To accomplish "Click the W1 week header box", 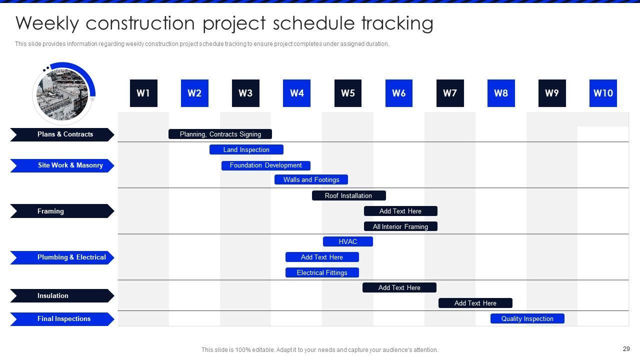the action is click(143, 93).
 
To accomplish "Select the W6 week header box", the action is click(399, 93).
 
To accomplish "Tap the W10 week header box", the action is click(603, 93).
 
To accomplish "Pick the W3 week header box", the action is click(245, 93).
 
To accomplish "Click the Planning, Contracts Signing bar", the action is click(220, 134).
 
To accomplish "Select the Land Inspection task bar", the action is click(246, 149).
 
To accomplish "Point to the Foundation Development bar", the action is click(265, 165).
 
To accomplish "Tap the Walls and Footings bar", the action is click(311, 179).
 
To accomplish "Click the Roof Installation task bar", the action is click(349, 195).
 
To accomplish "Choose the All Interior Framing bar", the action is click(400, 226).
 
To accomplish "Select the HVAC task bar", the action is click(347, 241).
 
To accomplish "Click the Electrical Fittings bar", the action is click(322, 272).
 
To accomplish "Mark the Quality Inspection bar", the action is click(527, 318).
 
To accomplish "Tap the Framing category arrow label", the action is click(62, 211).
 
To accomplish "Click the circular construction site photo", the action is click(62, 94).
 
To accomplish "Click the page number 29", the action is click(626, 349).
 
